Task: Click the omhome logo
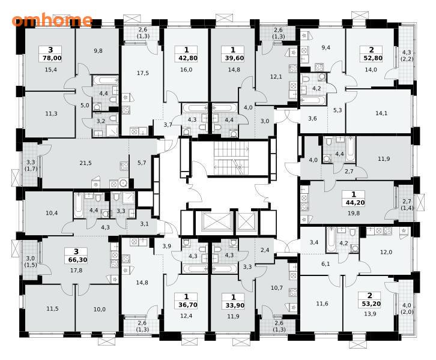click(x=52, y=20)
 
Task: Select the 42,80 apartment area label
click(x=186, y=58)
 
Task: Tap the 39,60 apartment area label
click(x=233, y=58)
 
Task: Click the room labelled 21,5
click(x=85, y=163)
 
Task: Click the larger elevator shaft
click(x=214, y=222)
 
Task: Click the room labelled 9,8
click(x=97, y=51)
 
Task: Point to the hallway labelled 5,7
click(x=142, y=164)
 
